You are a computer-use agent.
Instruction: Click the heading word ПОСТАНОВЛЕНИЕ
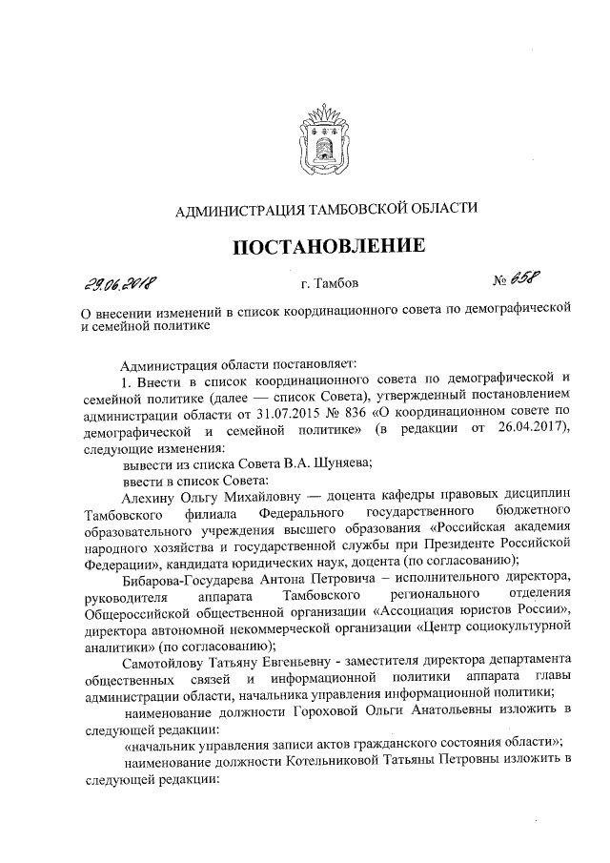coord(329,246)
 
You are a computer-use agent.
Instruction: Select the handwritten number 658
coord(522,279)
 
